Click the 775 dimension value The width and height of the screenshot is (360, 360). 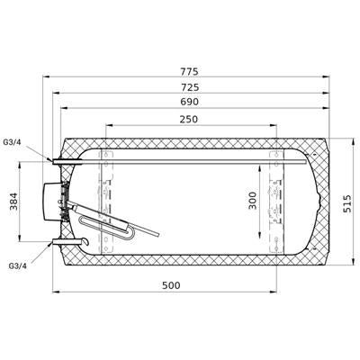click(189, 72)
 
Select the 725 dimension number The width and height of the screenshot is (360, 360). click(190, 87)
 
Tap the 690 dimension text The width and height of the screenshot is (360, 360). click(189, 102)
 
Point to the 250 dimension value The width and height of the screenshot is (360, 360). click(189, 120)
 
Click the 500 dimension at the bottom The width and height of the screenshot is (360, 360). click(171, 285)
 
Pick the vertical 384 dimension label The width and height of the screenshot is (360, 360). click(14, 201)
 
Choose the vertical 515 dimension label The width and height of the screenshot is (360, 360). click(347, 203)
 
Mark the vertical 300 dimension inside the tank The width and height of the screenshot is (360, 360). click(253, 201)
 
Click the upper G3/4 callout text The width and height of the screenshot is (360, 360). click(12, 142)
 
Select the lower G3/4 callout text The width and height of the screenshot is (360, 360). click(18, 265)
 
